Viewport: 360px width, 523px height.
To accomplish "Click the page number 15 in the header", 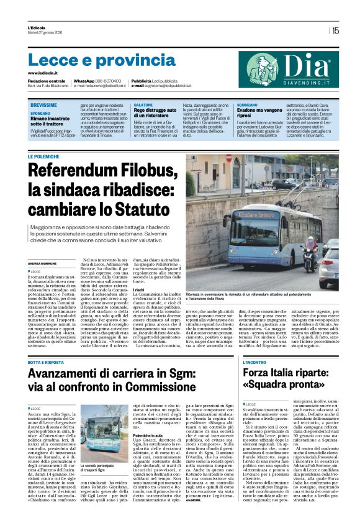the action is click(x=335, y=30).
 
